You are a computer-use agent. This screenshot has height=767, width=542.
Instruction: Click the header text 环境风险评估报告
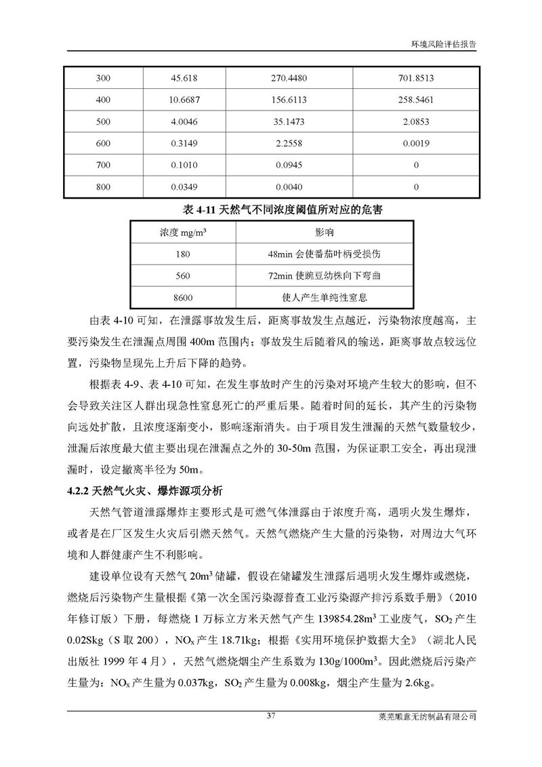point(443,42)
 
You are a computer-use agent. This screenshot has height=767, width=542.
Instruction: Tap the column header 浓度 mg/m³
point(183,233)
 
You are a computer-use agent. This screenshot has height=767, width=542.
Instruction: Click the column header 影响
point(325,233)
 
